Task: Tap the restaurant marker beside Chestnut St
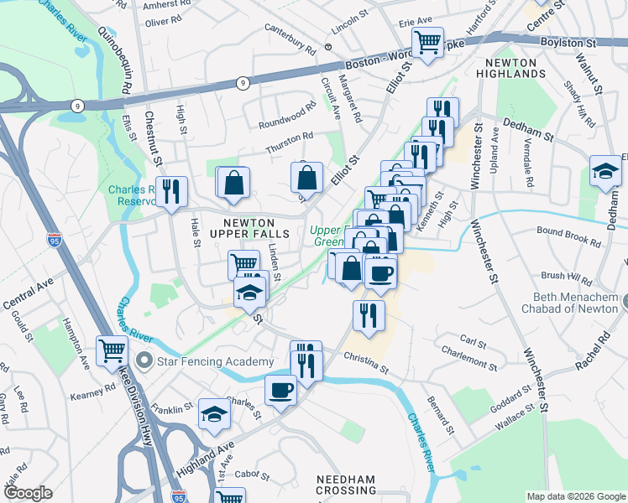171,193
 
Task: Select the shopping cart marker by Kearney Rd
113,351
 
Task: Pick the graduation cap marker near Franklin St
214,414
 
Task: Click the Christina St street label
366,362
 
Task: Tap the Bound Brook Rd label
569,236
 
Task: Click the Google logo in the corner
28,492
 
